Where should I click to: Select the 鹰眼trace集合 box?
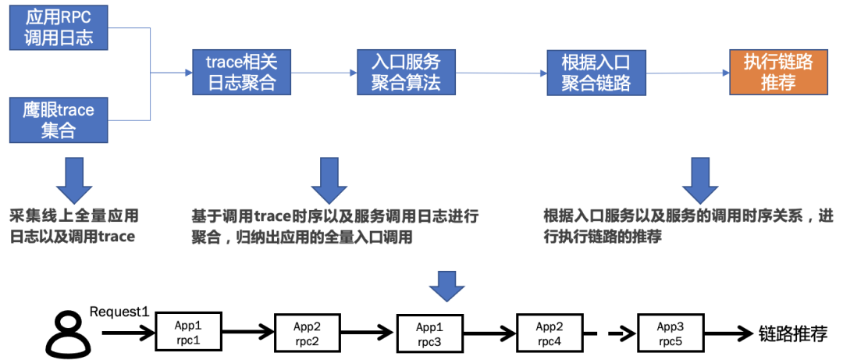(59, 120)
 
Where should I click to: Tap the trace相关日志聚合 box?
(242, 73)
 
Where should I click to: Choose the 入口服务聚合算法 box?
(406, 73)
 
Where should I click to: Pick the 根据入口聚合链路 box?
(596, 73)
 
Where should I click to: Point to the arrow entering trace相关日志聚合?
(176, 73)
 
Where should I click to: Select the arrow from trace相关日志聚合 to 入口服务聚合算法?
(324, 73)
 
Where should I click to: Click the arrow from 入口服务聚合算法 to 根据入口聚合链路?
(502, 73)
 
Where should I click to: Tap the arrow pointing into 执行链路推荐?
(687, 73)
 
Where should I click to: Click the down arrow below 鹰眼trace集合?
(74, 180)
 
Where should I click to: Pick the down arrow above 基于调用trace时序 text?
(329, 181)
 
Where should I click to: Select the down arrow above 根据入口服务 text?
(700, 181)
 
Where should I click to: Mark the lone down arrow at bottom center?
(447, 286)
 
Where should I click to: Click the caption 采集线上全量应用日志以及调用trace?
(74, 226)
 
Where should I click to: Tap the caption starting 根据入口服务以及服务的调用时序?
(687, 226)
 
